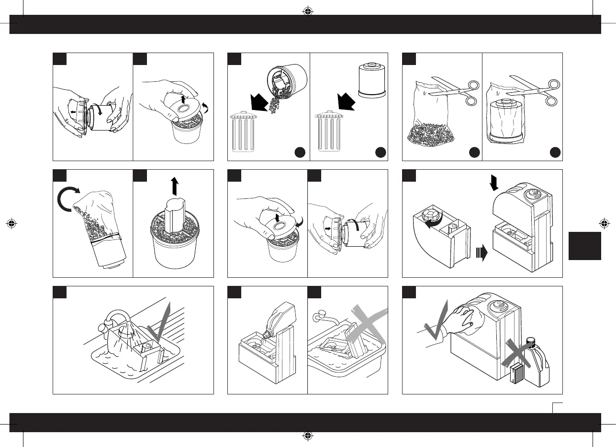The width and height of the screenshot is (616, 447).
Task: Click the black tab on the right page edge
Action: (x=584, y=245)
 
